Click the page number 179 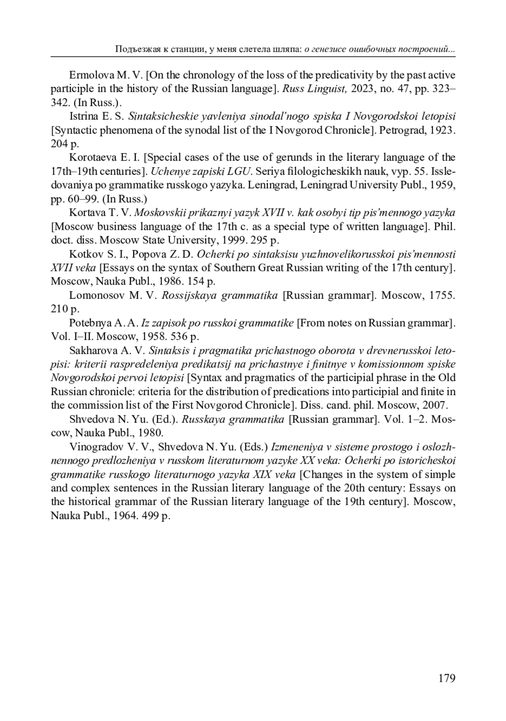(x=447, y=678)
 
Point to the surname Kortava (x=86, y=213)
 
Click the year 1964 (x=122, y=516)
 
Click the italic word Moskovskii (x=161, y=213)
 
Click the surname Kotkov (x=84, y=254)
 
